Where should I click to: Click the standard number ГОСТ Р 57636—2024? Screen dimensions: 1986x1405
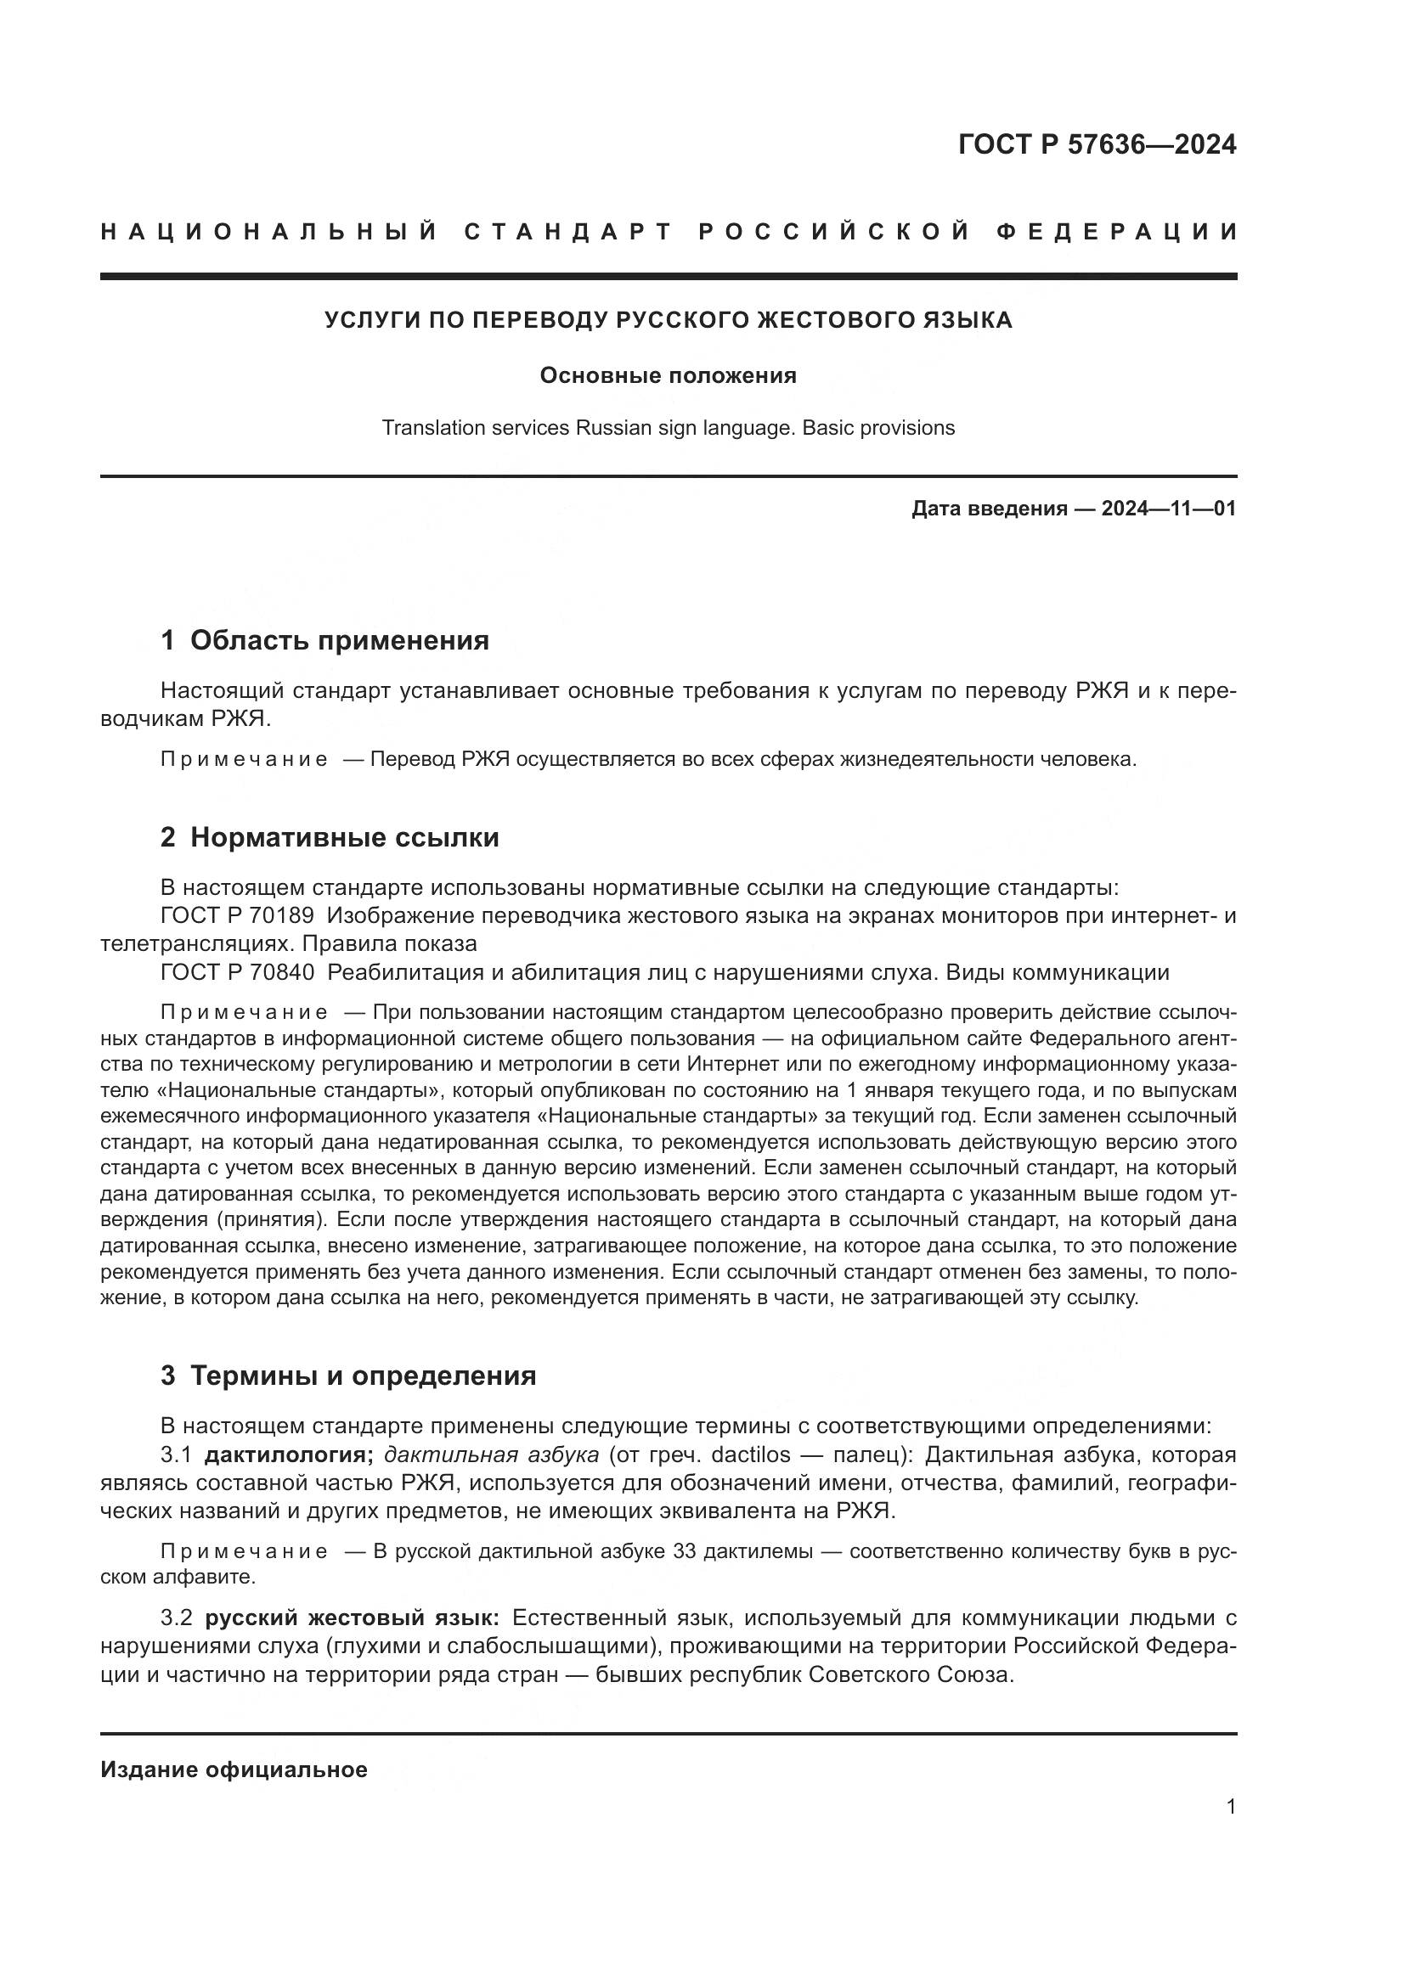click(x=1097, y=144)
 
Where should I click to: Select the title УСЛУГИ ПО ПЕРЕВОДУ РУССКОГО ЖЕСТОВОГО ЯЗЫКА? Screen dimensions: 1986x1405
click(x=668, y=320)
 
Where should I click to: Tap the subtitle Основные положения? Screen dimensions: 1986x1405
click(x=668, y=375)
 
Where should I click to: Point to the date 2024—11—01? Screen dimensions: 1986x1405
click(x=1168, y=509)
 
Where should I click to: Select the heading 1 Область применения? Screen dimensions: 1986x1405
click(x=324, y=640)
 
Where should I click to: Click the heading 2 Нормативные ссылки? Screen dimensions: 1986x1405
click(x=330, y=837)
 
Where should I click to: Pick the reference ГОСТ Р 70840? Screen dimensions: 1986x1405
click(x=237, y=972)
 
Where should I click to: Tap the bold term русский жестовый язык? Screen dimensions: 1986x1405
click(x=352, y=1617)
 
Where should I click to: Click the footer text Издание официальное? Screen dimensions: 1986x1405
click(x=234, y=1769)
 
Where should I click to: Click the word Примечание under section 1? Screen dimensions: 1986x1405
click(x=244, y=759)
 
